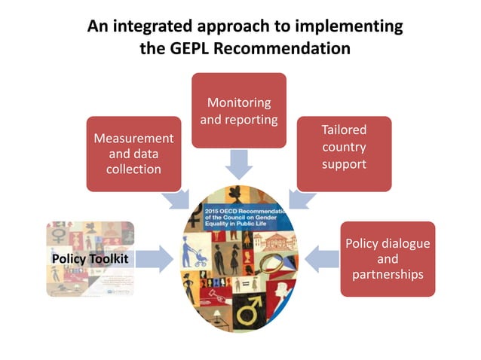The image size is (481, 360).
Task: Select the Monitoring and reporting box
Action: click(x=238, y=110)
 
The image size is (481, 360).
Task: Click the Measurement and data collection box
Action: click(x=133, y=153)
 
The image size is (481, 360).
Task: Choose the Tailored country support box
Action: click(x=343, y=153)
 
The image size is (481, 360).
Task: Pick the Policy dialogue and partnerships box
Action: click(x=387, y=258)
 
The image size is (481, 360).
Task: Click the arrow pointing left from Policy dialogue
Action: click(x=325, y=258)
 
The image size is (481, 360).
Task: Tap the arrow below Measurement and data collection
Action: click(x=179, y=199)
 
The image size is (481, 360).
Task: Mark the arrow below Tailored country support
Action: click(x=301, y=199)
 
